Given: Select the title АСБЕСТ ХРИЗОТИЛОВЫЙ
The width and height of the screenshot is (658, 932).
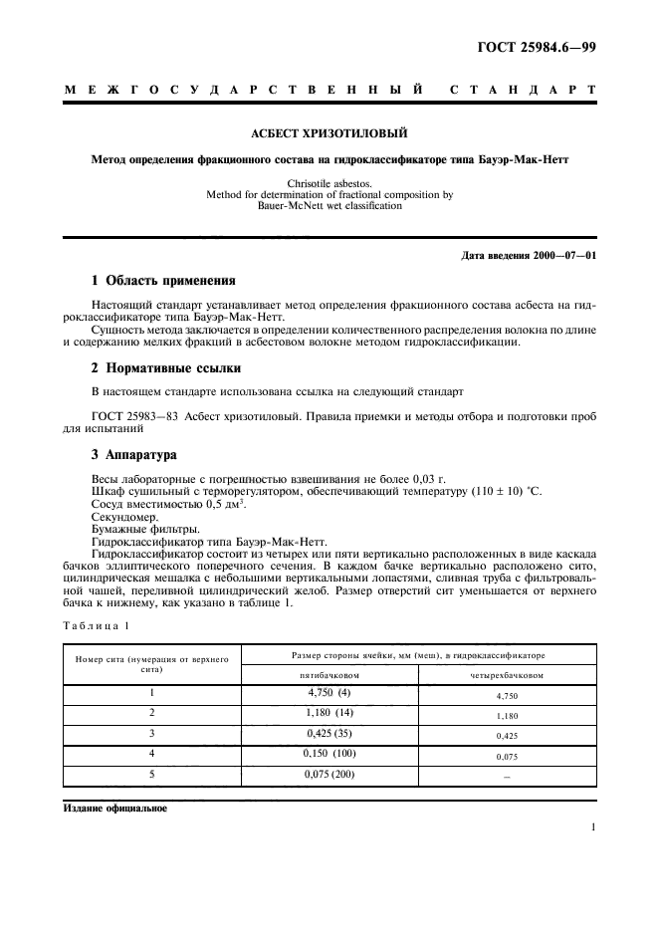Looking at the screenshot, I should [329, 132].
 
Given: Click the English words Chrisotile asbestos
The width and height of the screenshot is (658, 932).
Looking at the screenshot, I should [329, 184].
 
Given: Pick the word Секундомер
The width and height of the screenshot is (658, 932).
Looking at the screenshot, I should [121, 517].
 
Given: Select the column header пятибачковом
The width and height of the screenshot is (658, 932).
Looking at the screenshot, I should [329, 674].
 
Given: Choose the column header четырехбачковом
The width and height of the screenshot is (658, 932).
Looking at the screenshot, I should [507, 674].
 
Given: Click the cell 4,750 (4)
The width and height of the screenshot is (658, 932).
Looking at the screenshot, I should [329, 692].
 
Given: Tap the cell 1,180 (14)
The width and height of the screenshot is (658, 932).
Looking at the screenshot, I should [329, 713].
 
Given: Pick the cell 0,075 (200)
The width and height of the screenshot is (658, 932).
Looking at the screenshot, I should [329, 775].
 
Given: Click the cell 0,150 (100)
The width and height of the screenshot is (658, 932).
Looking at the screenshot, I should [329, 754].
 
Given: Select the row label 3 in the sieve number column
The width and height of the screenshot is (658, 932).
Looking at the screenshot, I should [151, 734].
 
